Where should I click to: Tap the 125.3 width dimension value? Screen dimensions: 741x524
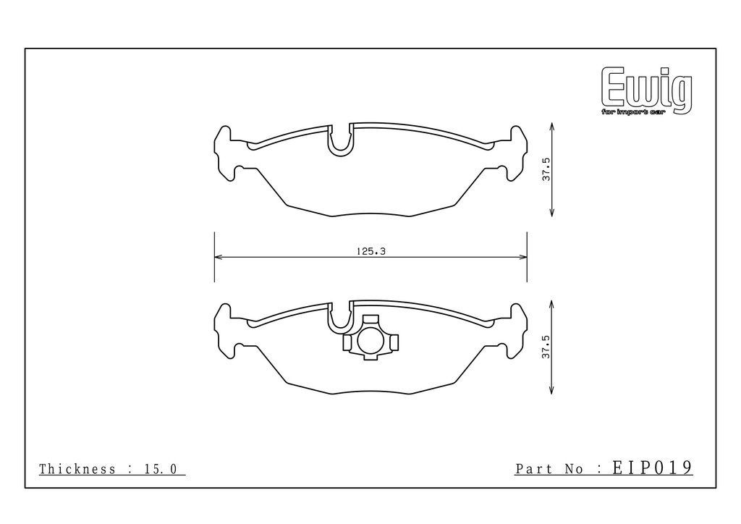point(371,251)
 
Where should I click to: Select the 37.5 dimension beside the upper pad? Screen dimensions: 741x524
point(546,169)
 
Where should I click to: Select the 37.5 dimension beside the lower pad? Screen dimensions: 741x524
point(546,347)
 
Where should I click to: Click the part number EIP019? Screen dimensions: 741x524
point(653,468)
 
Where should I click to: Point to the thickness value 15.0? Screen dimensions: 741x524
point(160,469)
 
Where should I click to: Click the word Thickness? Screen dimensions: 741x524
point(77,469)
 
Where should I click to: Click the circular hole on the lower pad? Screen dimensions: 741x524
point(370,341)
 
